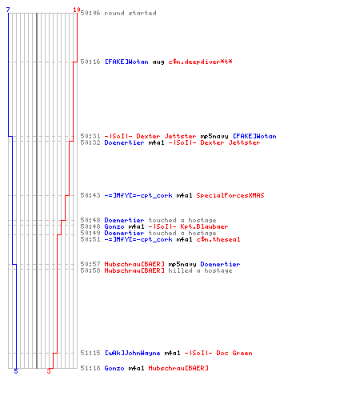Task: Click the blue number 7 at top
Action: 8,10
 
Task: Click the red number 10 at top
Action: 77,10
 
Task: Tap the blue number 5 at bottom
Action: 16,371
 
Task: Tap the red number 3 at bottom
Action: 49,371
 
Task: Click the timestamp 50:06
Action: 90,13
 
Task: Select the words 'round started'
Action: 130,13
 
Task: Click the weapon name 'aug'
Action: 158,62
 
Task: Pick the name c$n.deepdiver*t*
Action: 200,62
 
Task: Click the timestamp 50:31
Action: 90,136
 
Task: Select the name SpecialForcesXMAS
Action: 230,195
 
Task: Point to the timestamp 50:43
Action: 90,195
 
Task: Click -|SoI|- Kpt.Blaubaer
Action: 188,226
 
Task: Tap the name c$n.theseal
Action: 218,239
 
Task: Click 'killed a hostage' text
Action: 200,270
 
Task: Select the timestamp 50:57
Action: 90,264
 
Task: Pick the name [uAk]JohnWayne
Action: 133,353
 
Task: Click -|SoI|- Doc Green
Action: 218,353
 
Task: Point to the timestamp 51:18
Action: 90,368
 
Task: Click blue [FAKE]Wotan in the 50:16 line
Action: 126,62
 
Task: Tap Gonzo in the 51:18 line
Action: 114,368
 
